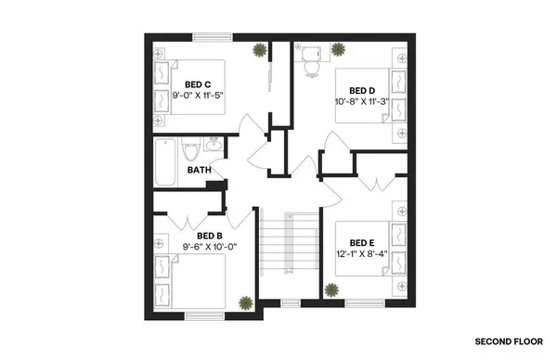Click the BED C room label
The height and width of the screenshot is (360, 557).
[x=198, y=83]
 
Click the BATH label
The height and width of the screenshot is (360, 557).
[x=198, y=170]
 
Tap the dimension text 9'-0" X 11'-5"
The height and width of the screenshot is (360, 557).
[x=198, y=95]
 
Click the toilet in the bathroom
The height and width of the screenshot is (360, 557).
[x=191, y=148]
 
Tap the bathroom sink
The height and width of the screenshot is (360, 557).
[x=214, y=146]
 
